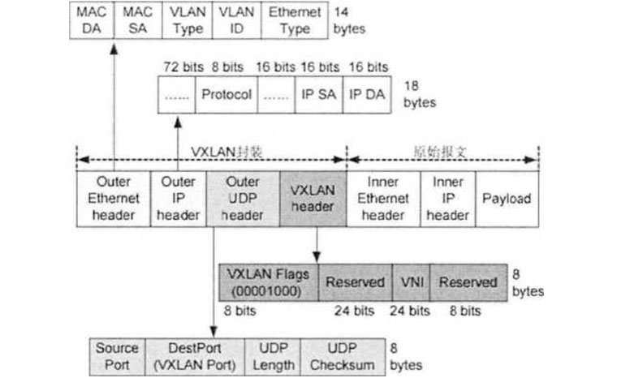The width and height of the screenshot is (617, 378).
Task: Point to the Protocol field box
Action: (x=227, y=94)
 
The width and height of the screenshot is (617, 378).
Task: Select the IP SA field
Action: (x=319, y=94)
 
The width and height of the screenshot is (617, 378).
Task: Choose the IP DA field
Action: (x=366, y=94)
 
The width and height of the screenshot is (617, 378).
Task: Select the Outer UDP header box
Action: (x=243, y=199)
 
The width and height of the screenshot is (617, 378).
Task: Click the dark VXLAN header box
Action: (x=313, y=199)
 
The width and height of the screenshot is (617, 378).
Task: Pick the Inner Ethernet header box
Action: (x=383, y=199)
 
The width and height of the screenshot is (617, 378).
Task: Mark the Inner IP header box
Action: (x=447, y=199)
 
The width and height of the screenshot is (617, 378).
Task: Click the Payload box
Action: (x=507, y=199)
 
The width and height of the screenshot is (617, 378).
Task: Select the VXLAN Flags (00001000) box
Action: (x=269, y=281)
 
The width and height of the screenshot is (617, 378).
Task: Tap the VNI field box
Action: (x=411, y=281)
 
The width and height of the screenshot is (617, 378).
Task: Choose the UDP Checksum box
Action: (x=343, y=355)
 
